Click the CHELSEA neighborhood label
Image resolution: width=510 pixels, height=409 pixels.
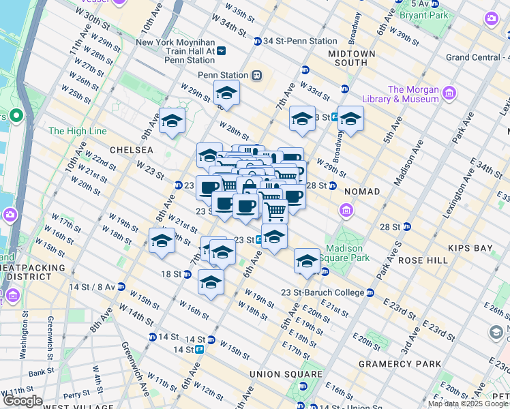(x=129, y=149)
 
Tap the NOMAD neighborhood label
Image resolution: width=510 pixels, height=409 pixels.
(x=362, y=192)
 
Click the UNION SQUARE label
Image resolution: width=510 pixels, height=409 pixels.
(x=285, y=374)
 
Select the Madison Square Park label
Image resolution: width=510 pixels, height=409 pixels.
(x=347, y=253)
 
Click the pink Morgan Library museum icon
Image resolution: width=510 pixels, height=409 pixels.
(x=449, y=93)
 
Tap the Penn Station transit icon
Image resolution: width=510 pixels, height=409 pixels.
(x=256, y=75)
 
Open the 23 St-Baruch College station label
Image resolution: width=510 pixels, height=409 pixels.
(x=323, y=292)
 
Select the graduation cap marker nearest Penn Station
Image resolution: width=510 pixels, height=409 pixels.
(x=226, y=93)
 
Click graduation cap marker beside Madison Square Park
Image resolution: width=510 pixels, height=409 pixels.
(x=307, y=261)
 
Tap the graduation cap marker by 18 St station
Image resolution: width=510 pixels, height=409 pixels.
(x=211, y=282)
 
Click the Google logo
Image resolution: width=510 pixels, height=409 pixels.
(x=22, y=401)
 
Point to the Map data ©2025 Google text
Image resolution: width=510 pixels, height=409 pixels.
(x=468, y=404)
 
